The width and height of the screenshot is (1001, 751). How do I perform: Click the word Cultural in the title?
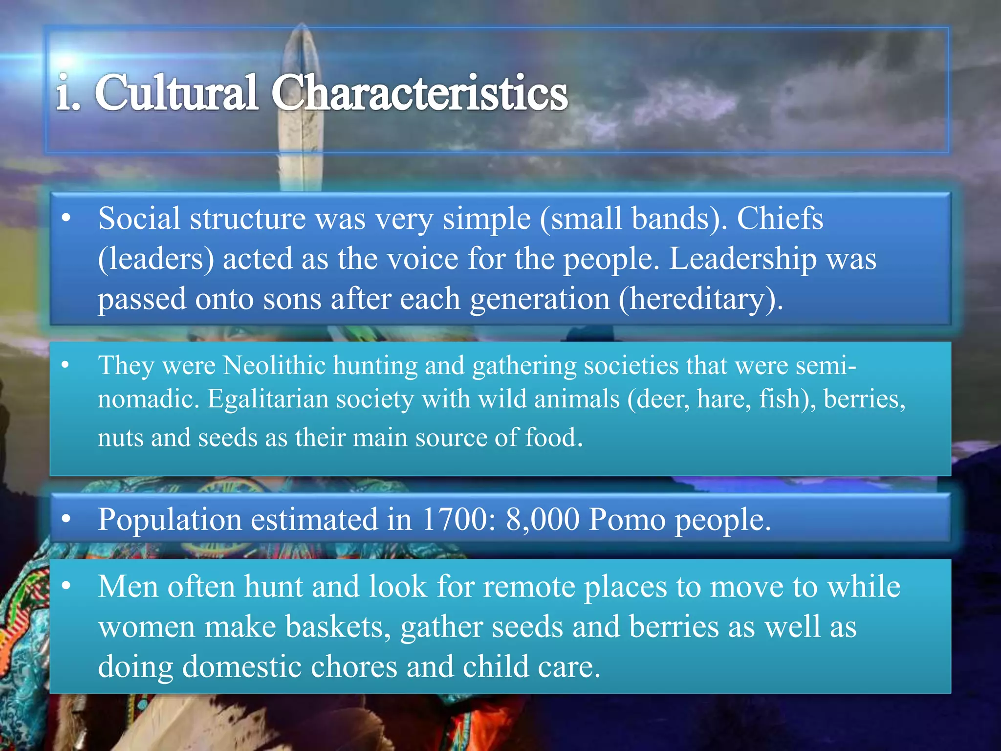point(176,93)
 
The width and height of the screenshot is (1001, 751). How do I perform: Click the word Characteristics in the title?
point(419,93)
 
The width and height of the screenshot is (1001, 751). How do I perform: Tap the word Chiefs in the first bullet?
point(780,218)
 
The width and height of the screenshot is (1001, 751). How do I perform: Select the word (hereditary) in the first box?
point(700,299)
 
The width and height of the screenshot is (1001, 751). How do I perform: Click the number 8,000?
point(543,519)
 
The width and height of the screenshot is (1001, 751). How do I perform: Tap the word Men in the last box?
point(128,586)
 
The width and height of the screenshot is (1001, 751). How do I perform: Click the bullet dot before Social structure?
point(66,218)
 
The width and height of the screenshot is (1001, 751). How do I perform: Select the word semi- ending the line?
point(826,365)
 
